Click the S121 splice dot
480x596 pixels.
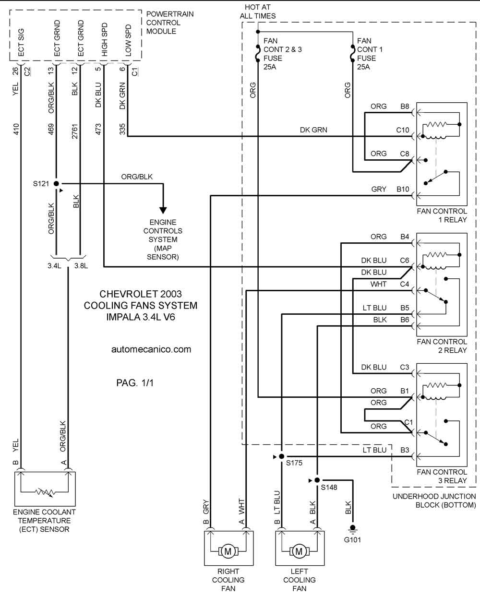pyautogui.click(x=56, y=183)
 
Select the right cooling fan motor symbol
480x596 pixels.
pyautogui.click(x=228, y=551)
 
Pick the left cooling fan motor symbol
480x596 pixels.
pyautogui.click(x=300, y=551)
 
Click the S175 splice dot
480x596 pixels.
pyautogui.click(x=282, y=456)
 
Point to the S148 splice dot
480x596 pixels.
pyautogui.click(x=317, y=480)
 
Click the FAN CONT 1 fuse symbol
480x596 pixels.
pyautogui.click(x=352, y=53)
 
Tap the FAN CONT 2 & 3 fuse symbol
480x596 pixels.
pyautogui.click(x=258, y=53)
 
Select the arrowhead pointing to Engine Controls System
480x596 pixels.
pyautogui.click(x=163, y=210)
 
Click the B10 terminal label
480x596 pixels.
pyautogui.click(x=403, y=189)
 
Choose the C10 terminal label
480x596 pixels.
pyautogui.click(x=402, y=130)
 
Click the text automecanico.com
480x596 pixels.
pyautogui.click(x=151, y=349)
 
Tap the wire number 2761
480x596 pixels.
pyautogui.click(x=75, y=131)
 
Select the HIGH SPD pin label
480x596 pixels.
pyautogui.click(x=104, y=39)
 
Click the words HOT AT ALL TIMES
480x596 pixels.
pyautogui.click(x=258, y=12)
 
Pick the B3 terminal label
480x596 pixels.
pyautogui.click(x=405, y=450)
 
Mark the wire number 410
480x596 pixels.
pyautogui.click(x=16, y=129)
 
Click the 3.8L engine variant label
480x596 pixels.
pyautogui.click(x=81, y=266)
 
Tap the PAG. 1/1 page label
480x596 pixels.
pyautogui.click(x=135, y=383)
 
